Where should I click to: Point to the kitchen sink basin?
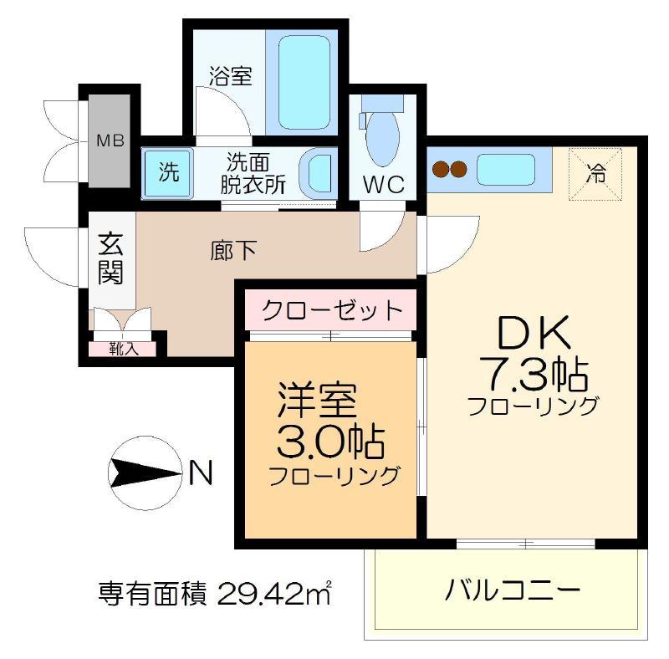(x=506, y=170)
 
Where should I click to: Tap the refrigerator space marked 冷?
(x=595, y=174)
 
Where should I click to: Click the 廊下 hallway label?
(x=233, y=250)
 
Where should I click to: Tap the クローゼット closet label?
(x=332, y=310)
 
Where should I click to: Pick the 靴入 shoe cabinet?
(x=122, y=349)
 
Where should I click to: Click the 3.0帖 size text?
(x=330, y=441)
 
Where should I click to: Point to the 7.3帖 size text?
(x=534, y=375)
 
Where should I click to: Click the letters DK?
(x=534, y=333)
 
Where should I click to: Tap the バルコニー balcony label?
(x=513, y=590)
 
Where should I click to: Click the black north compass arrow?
(x=144, y=473)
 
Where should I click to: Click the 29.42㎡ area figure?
(x=274, y=593)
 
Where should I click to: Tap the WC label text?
(x=384, y=184)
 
